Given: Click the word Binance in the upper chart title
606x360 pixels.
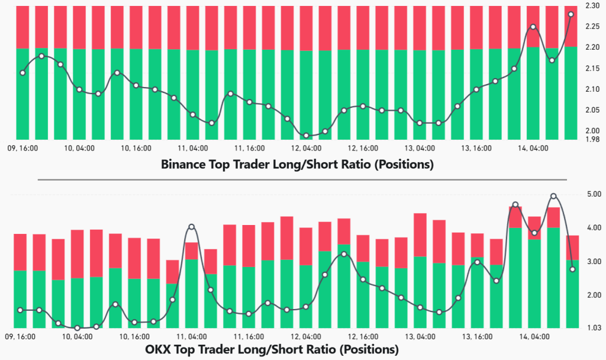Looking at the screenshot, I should tap(182, 165).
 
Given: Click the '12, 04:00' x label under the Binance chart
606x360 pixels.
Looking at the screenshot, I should tap(307, 149).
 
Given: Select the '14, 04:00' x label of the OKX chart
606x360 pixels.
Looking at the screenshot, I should tap(531, 336).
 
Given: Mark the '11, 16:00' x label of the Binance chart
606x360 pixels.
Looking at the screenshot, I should tap(249, 149).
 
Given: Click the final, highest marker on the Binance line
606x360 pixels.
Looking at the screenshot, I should tap(570, 14).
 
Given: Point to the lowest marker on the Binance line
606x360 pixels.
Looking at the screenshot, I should tap(306, 136).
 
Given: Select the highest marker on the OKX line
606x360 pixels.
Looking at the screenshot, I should tap(553, 196).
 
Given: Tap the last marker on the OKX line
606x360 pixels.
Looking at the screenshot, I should tap(572, 269).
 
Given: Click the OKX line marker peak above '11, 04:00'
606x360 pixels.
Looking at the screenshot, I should tap(191, 227).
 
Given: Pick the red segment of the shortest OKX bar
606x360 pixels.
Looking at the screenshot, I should tap(172, 271).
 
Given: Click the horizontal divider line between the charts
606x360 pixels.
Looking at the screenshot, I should tap(302, 179).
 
